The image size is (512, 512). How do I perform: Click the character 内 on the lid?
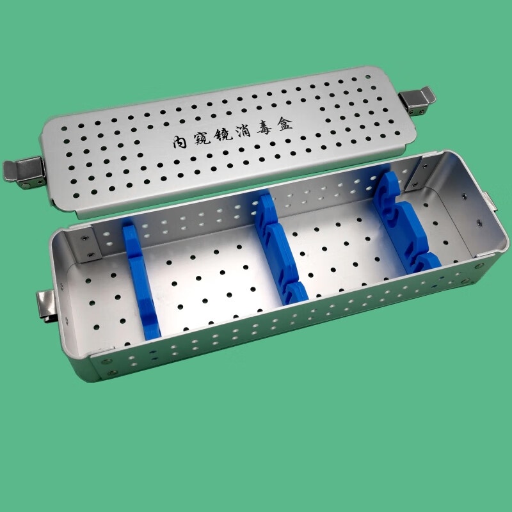coord(179,142)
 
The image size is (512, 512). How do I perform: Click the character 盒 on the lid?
coord(285,124)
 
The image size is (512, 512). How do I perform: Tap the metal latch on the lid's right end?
coord(417,100)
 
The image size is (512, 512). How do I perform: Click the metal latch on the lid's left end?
coord(24,173)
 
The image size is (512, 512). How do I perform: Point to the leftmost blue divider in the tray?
coord(141,282)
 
